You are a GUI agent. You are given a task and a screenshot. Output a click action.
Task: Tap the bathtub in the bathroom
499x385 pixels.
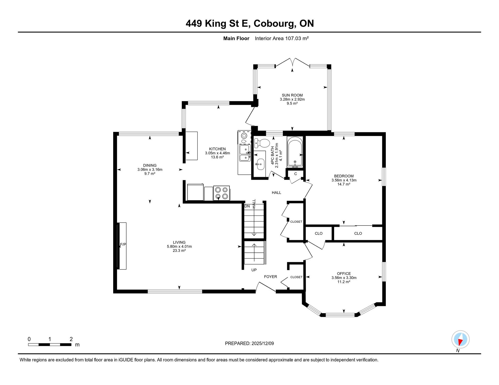295,152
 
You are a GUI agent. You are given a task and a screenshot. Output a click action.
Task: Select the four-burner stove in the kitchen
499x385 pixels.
221,193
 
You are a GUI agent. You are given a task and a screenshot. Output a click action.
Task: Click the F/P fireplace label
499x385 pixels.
123,244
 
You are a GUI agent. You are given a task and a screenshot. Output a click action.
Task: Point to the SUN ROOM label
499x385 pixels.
292,95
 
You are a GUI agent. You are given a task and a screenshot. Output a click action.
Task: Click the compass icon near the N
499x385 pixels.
460,339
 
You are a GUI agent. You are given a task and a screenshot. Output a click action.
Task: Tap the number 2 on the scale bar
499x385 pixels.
71,339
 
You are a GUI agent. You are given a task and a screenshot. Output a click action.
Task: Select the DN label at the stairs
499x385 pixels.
247,206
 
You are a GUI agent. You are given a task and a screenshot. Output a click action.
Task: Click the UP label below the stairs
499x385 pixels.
254,270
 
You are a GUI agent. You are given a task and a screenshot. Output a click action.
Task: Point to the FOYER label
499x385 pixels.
271,277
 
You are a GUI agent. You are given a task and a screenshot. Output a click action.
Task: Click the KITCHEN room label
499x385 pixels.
217,149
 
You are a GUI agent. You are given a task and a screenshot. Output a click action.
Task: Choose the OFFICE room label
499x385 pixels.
344,274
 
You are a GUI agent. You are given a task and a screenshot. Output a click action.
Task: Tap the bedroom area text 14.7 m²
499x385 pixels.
344,184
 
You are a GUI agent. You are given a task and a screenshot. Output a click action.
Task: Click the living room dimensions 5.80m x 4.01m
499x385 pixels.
179,247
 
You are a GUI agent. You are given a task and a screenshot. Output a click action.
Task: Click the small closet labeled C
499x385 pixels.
295,174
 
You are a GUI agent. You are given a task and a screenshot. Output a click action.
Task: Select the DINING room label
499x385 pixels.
150,165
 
